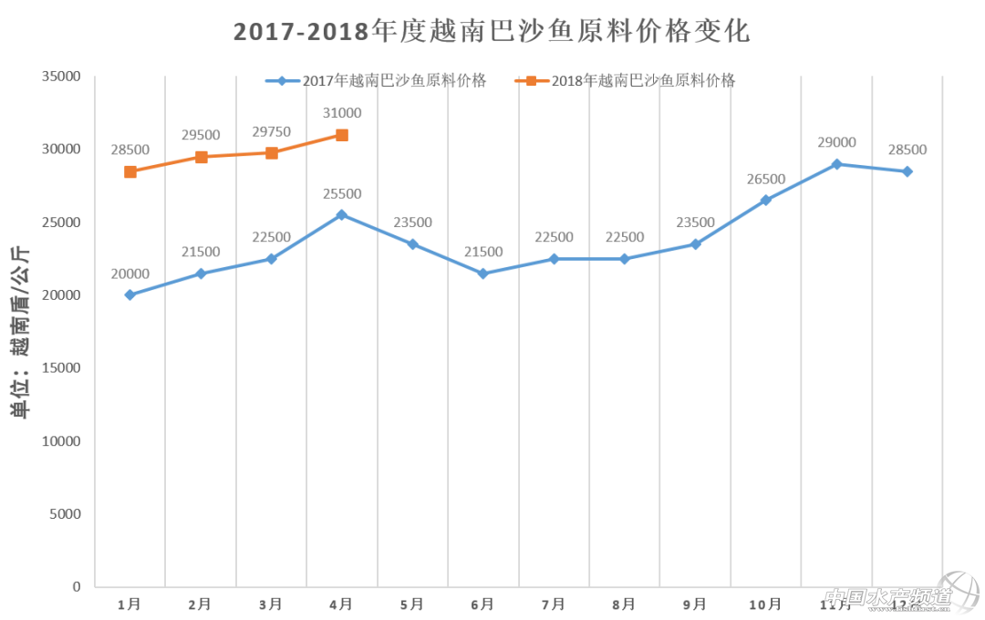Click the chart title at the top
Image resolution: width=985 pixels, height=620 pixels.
click(x=492, y=31)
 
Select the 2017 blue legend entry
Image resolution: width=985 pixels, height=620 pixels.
click(x=376, y=80)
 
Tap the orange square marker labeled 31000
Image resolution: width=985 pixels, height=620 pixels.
click(x=342, y=135)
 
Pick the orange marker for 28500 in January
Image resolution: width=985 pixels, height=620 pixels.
click(x=130, y=171)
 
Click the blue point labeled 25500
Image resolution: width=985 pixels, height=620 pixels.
click(x=342, y=215)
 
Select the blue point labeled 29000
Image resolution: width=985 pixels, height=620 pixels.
click(x=836, y=164)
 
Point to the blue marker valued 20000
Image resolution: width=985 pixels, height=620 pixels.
click(x=130, y=294)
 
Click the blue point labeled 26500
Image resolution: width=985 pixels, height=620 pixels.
click(x=766, y=200)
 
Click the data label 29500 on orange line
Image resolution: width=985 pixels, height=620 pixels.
click(x=201, y=135)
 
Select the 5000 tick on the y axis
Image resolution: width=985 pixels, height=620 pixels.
click(x=65, y=514)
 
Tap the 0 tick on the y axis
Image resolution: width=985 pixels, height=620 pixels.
click(x=77, y=587)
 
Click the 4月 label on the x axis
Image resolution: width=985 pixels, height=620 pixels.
click(x=342, y=604)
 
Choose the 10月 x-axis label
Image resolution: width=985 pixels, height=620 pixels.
click(x=765, y=604)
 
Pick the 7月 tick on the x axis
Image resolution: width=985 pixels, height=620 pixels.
click(x=554, y=604)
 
